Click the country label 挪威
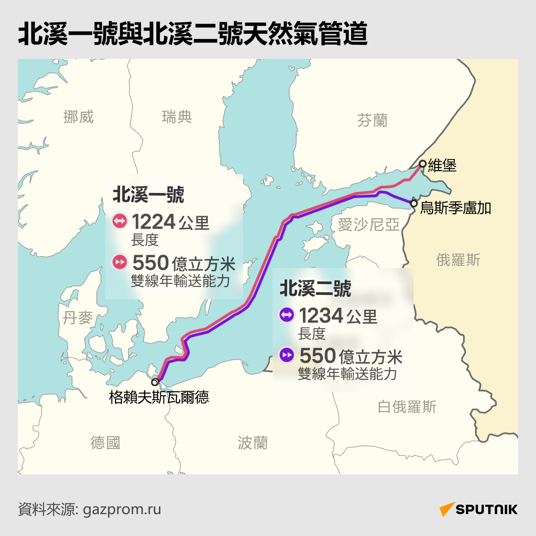(79, 117)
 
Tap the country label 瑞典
(177, 117)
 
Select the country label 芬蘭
(372, 120)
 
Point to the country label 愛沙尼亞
(368, 225)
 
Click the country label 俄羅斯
(458, 260)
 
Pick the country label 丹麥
(77, 318)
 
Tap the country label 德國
(105, 443)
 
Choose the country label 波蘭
(252, 443)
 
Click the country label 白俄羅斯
(407, 407)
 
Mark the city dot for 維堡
(422, 163)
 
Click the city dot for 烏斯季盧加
(414, 204)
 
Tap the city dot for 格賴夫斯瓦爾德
(155, 382)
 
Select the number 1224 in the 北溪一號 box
(153, 222)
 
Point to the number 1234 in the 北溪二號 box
(321, 316)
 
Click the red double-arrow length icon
(120, 221)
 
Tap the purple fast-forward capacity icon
(286, 355)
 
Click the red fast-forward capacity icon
(120, 262)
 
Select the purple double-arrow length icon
(286, 315)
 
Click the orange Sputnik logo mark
(447, 510)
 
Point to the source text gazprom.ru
(122, 509)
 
